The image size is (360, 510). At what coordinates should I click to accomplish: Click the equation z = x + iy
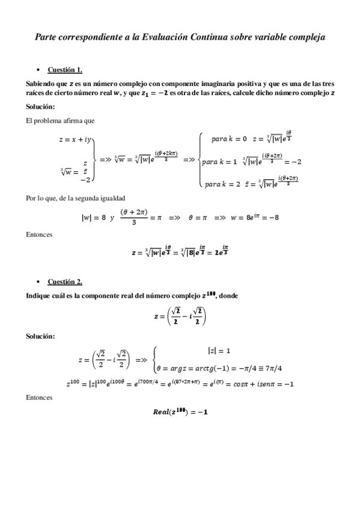pyautogui.click(x=75, y=140)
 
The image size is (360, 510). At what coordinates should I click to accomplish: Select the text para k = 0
pyautogui.click(x=229, y=139)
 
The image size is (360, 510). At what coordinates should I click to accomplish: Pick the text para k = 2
pyautogui.click(x=222, y=183)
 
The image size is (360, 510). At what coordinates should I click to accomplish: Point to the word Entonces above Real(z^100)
pyautogui.click(x=39, y=398)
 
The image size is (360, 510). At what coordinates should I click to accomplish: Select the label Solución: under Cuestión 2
pyautogui.click(x=40, y=336)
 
